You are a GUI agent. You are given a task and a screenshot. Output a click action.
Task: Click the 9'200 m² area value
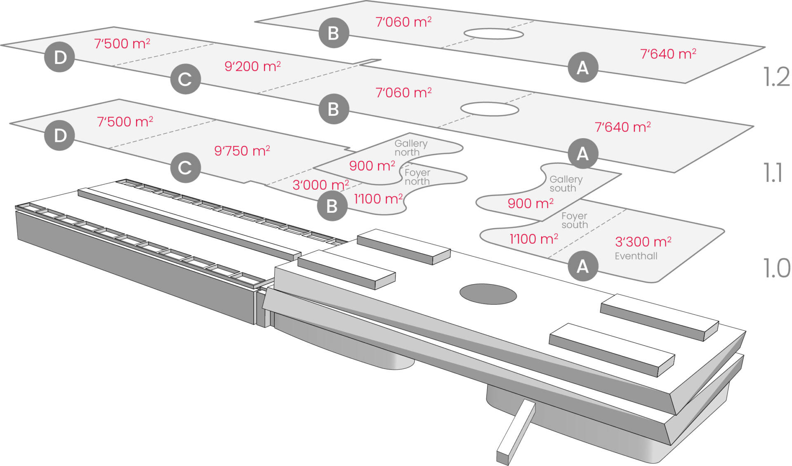[252, 66]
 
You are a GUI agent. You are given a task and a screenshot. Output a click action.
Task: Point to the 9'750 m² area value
[242, 151]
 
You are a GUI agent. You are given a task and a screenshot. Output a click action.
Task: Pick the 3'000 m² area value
[321, 185]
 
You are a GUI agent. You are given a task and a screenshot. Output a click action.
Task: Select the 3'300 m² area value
[643, 241]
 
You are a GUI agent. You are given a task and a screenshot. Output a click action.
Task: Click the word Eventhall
[636, 256]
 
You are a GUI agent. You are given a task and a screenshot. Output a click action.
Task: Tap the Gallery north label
[410, 148]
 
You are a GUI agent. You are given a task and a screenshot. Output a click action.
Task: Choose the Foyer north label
[417, 177]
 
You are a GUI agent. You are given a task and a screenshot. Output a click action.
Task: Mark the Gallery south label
[566, 184]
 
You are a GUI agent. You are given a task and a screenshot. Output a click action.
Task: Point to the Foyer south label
[574, 220]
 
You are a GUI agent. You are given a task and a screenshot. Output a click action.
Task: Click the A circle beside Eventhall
[583, 266]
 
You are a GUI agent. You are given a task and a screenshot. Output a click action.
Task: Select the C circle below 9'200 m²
[185, 79]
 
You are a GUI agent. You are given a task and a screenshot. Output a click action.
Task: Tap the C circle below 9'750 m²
[185, 167]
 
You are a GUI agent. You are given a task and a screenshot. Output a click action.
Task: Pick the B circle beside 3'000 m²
[332, 206]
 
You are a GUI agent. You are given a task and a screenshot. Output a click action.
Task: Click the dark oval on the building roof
[488, 294]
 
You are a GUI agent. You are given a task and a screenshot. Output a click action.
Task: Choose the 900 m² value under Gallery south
[530, 203]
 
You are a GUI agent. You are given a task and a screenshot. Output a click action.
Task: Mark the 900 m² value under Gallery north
[372, 166]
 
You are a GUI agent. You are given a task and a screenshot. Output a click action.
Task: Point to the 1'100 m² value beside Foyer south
[534, 239]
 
